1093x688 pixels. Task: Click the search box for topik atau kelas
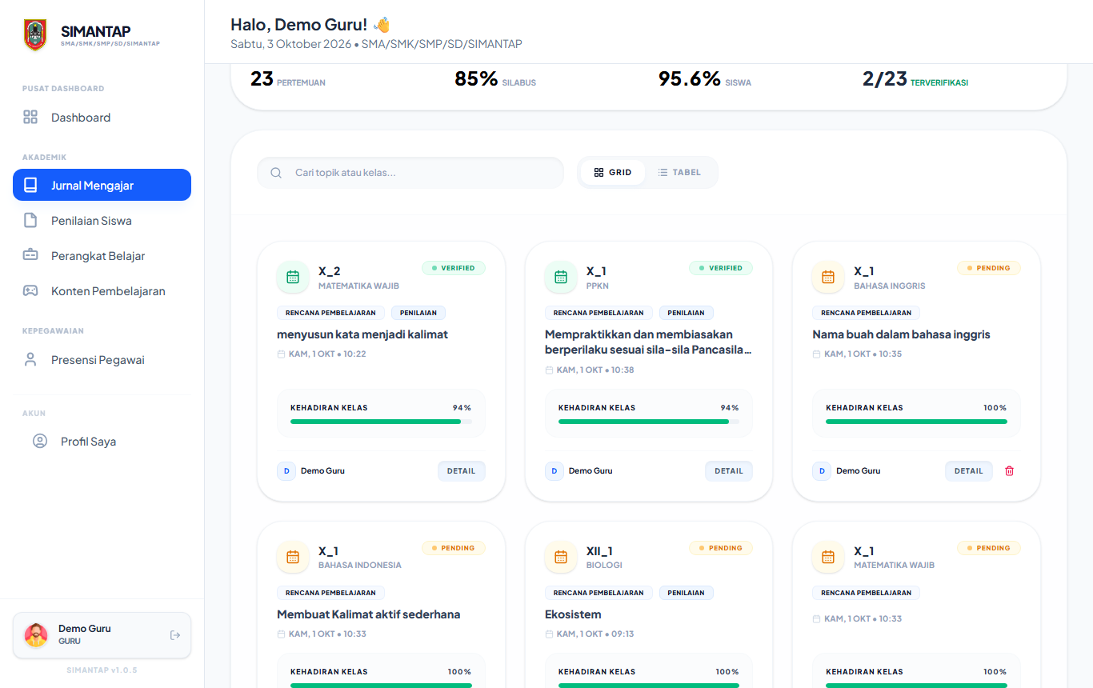point(410,172)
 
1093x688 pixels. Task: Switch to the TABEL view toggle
point(679,172)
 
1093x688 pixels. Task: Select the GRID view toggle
point(613,172)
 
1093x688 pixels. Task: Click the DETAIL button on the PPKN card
point(728,471)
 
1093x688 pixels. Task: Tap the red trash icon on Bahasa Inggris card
point(1009,471)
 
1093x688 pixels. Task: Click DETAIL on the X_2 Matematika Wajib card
point(461,471)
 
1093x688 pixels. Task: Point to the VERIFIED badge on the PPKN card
point(721,268)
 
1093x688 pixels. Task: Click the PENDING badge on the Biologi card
point(721,548)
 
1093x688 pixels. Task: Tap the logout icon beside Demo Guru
point(175,635)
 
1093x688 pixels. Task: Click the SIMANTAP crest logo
point(35,34)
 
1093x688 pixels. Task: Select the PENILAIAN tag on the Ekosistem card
point(686,593)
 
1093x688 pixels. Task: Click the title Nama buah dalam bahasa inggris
point(901,334)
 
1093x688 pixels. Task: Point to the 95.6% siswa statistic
point(705,79)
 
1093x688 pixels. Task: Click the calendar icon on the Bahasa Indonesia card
point(293,557)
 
